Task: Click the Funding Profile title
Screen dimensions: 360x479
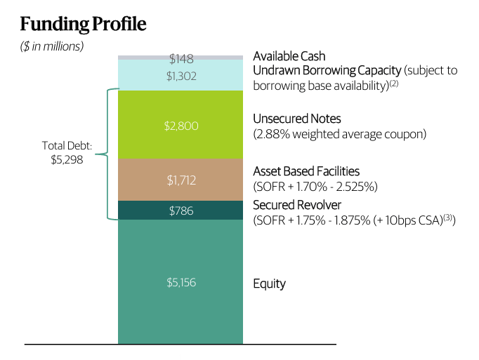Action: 83,24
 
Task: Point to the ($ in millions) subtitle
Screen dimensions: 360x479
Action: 51,47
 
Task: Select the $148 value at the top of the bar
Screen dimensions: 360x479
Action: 181,58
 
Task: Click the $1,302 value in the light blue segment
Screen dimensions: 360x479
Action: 181,75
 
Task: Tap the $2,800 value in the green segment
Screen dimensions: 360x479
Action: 181,126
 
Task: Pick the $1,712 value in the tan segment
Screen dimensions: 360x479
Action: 181,180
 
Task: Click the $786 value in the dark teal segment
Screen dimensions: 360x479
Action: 181,211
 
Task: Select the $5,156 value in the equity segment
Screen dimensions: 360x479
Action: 181,283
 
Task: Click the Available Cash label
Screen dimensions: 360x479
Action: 289,56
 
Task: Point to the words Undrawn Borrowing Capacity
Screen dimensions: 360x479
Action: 327,70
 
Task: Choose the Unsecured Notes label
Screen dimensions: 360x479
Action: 296,119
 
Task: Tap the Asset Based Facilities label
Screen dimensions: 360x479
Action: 306,171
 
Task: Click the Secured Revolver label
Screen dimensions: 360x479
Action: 297,206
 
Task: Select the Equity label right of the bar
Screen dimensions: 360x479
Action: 269,284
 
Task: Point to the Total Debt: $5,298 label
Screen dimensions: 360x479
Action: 67,152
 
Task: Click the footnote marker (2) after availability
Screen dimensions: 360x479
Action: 395,83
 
